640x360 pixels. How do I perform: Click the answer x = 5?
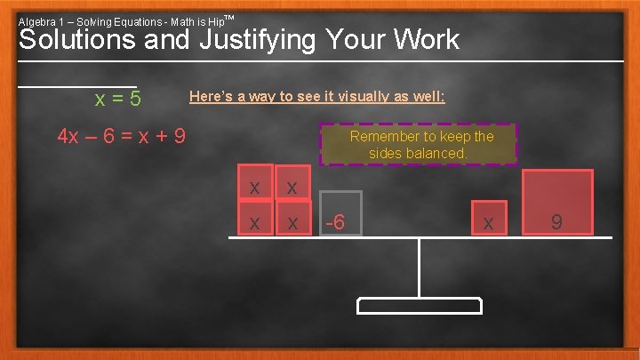tap(118, 98)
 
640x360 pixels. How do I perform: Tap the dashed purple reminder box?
tap(419, 145)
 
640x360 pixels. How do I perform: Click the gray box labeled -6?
tap(340, 213)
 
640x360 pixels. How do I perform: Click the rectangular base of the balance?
tap(420, 306)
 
